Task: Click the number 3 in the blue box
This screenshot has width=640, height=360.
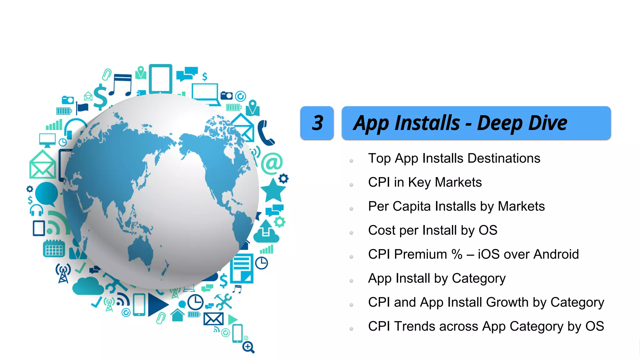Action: coord(317,123)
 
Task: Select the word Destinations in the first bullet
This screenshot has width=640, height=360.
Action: coord(504,158)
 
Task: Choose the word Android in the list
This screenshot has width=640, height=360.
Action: coord(556,254)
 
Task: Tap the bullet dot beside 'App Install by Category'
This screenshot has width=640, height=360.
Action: coord(351,281)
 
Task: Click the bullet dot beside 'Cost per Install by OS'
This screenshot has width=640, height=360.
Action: coord(351,232)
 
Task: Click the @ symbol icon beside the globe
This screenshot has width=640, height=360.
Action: coord(272,163)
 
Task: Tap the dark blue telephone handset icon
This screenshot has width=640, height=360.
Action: coord(265,133)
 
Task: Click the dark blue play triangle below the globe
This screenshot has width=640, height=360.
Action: coord(157,304)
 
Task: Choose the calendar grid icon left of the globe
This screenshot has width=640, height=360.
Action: coord(54,249)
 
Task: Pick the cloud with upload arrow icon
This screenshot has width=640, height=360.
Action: coord(266,232)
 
